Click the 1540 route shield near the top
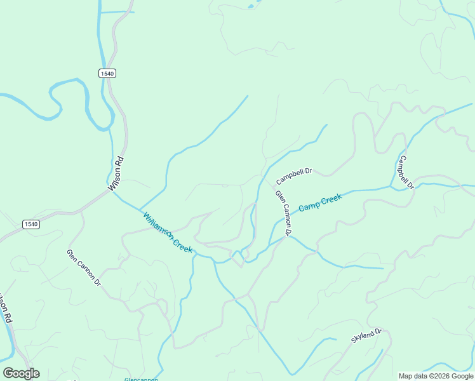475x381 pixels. (107, 74)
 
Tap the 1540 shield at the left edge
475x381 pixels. (30, 224)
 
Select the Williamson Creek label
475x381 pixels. (168, 232)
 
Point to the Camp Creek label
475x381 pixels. (320, 203)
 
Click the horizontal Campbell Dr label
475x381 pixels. (294, 175)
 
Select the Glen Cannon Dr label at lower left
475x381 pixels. (84, 268)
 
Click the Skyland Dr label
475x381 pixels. (366, 336)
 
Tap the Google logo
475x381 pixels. (21, 373)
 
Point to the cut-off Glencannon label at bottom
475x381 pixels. (141, 379)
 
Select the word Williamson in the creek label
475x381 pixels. (157, 225)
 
